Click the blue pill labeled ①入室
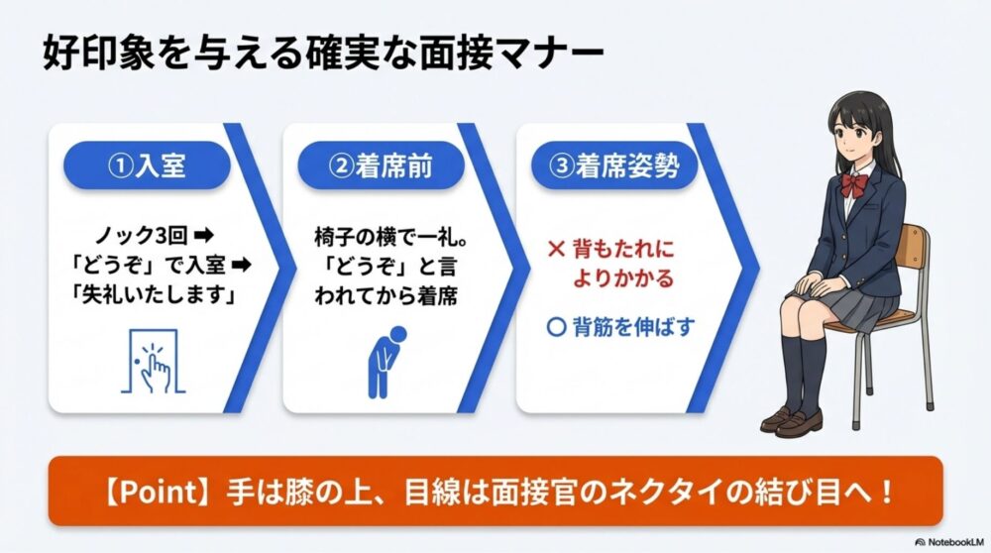(x=146, y=166)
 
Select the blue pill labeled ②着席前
(x=380, y=166)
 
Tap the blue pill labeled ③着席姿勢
(x=614, y=166)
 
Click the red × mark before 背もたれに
(x=556, y=248)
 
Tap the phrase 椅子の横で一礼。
(x=382, y=238)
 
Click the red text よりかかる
(x=623, y=279)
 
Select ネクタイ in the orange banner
(x=714, y=492)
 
